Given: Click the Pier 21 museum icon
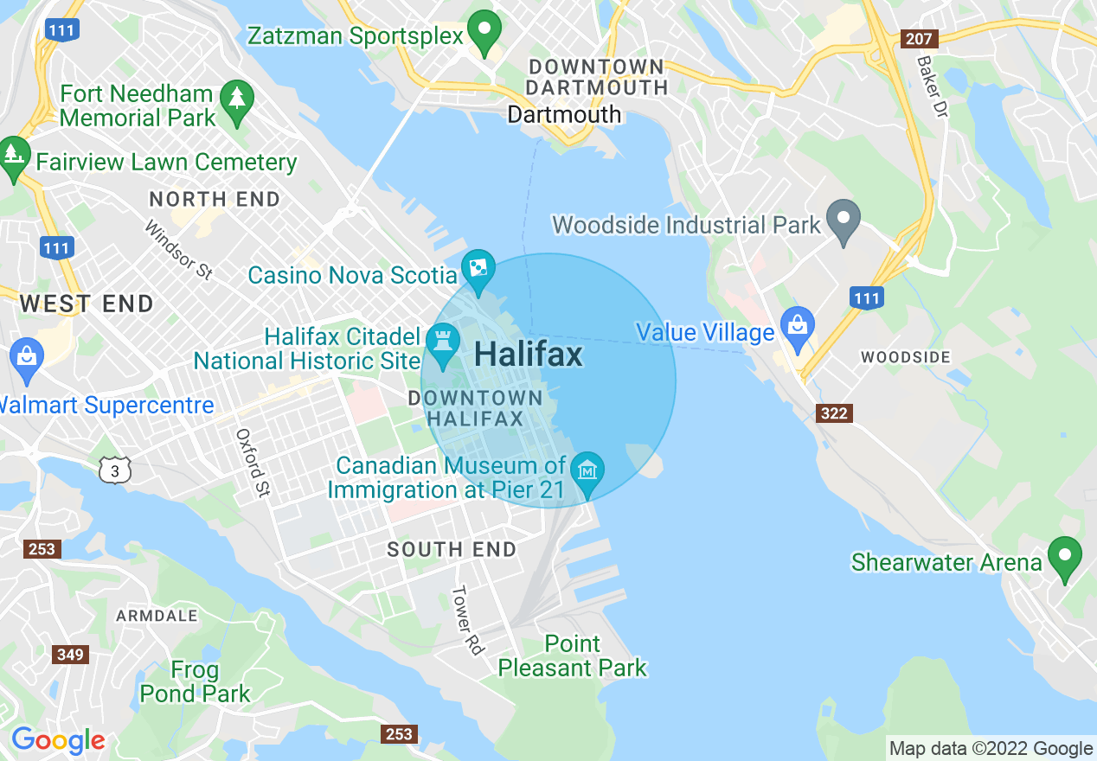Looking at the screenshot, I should click(x=588, y=471).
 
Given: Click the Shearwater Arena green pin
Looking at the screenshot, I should click(x=1064, y=556).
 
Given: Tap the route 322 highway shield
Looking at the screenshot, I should click(x=834, y=413).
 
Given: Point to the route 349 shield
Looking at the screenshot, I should click(x=70, y=655).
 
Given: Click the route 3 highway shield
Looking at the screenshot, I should click(x=115, y=470).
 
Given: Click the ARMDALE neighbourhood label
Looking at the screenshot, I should click(x=157, y=616).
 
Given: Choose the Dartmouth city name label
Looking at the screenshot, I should click(x=564, y=114).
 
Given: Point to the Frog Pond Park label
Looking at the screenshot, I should click(x=195, y=681).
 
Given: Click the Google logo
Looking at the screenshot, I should click(x=58, y=741).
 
